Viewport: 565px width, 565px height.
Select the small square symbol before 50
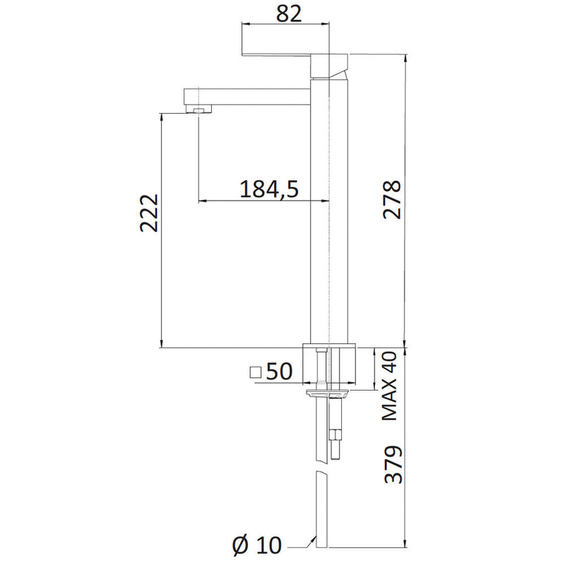pyautogui.click(x=256, y=372)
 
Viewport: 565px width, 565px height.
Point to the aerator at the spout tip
pyautogui.click(x=201, y=109)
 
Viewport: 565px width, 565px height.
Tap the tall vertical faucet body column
pyautogui.click(x=321, y=212)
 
